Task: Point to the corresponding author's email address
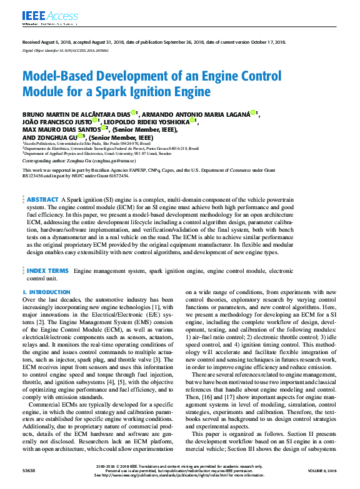(136, 160)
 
